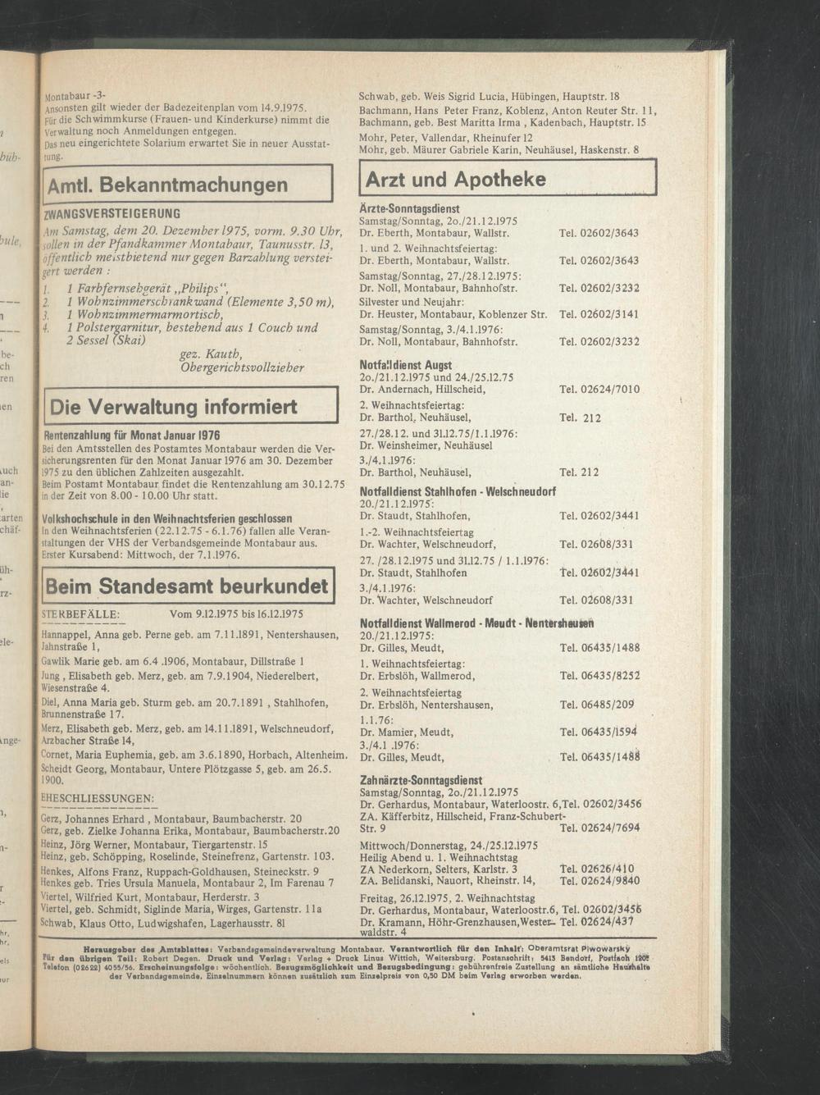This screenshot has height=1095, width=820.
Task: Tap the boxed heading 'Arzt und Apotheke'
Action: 456,179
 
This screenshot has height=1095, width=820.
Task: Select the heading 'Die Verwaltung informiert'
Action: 173,407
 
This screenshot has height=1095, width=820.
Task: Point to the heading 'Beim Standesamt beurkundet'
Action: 187,586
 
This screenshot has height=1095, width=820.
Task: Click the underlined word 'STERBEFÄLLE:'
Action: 80,614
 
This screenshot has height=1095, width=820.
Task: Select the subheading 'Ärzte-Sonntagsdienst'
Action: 409,209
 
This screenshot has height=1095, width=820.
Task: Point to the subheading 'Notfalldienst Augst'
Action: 405,364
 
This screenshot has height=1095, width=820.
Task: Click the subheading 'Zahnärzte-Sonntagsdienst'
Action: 421,780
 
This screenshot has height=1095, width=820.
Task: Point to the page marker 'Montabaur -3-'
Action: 75,94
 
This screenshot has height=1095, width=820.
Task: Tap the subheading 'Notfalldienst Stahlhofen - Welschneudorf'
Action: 458,491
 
